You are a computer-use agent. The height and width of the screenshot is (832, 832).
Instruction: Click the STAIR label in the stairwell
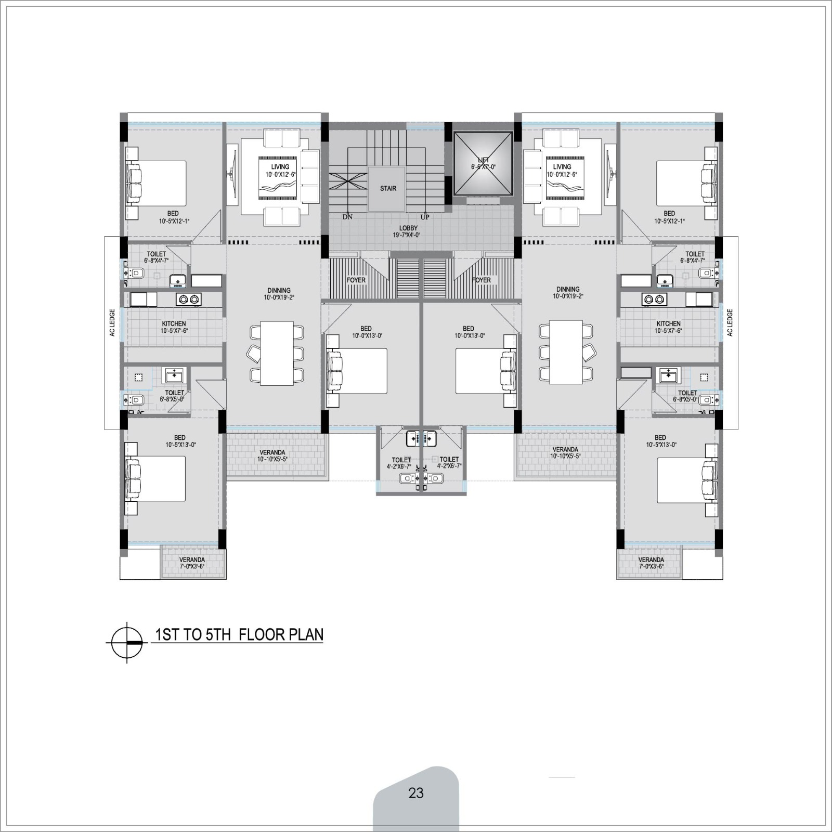(388, 188)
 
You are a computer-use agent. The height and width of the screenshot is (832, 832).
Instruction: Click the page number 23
(416, 793)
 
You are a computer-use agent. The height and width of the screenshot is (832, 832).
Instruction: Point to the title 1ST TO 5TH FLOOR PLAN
(239, 634)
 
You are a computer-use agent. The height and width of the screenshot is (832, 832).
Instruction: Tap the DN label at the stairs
(347, 217)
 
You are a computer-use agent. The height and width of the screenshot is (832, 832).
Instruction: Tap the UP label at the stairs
(425, 217)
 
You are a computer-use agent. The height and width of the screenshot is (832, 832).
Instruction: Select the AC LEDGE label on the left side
(112, 323)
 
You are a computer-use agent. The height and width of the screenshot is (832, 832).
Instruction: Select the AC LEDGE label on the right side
(730, 323)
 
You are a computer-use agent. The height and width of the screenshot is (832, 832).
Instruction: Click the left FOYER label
(356, 280)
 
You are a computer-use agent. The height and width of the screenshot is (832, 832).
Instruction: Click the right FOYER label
(482, 280)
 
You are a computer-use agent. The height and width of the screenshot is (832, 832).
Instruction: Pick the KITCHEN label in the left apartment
(174, 323)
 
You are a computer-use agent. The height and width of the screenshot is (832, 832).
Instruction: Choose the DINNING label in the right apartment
(568, 289)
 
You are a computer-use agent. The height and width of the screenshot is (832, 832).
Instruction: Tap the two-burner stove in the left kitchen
(189, 299)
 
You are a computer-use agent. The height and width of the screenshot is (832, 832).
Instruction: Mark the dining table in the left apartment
(277, 354)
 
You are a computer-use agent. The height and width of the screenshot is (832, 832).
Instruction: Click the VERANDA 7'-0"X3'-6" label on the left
(192, 563)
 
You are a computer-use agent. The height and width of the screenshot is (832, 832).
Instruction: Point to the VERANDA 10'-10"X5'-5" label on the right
(565, 452)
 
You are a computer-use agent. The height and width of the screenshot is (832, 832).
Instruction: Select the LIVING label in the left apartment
(280, 167)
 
